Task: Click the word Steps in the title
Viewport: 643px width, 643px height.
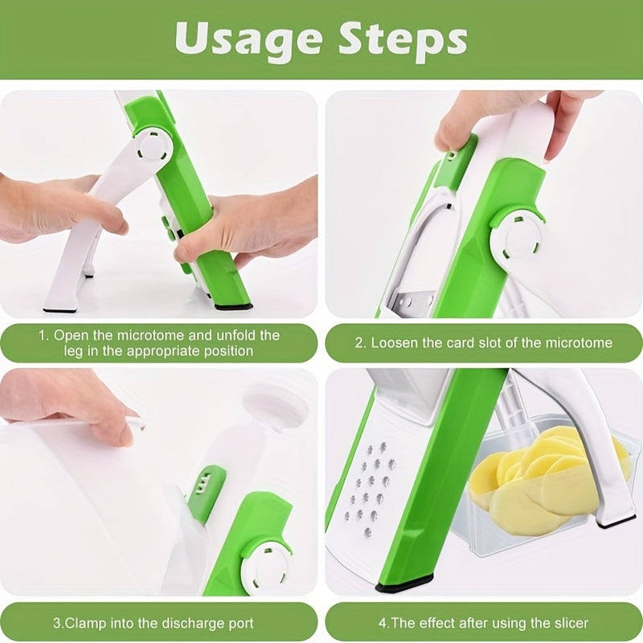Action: coord(403,40)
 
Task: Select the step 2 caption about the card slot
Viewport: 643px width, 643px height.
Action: coord(483,342)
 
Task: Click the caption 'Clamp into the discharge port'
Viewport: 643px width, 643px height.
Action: coord(154,622)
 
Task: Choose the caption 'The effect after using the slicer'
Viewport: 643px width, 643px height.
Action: coord(483,622)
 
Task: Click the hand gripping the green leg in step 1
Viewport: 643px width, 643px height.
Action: coord(241,229)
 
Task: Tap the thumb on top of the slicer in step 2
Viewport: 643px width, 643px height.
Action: coord(463,121)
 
